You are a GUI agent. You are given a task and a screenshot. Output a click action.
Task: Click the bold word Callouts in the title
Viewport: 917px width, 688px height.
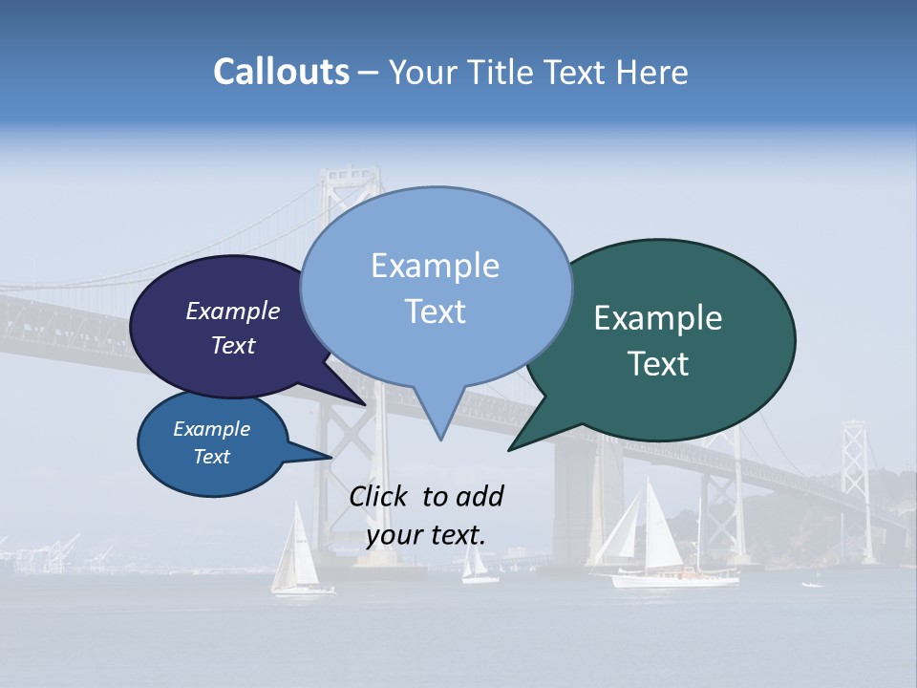(x=281, y=72)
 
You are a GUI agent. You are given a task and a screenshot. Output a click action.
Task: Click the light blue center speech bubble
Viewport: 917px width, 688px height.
(x=436, y=287)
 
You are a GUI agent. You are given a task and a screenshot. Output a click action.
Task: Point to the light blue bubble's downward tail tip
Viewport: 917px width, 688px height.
(x=440, y=439)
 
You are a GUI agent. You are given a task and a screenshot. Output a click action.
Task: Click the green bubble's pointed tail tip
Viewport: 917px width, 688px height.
(x=509, y=449)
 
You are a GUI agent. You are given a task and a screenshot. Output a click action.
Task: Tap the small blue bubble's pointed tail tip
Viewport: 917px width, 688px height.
(x=331, y=457)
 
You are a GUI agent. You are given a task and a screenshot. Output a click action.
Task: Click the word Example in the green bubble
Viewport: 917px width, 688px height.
(x=658, y=318)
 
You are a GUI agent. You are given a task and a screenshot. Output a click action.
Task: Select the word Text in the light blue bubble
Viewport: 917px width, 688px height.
(x=436, y=312)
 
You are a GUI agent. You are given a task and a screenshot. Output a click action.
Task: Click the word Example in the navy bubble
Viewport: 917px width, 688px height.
(x=233, y=312)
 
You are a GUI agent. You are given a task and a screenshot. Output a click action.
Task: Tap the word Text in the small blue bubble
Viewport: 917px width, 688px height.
(x=212, y=457)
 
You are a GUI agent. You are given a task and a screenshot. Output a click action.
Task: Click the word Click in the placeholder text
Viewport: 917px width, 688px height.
(x=379, y=496)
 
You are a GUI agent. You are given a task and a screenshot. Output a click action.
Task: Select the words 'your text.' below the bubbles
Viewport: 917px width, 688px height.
(x=426, y=535)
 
